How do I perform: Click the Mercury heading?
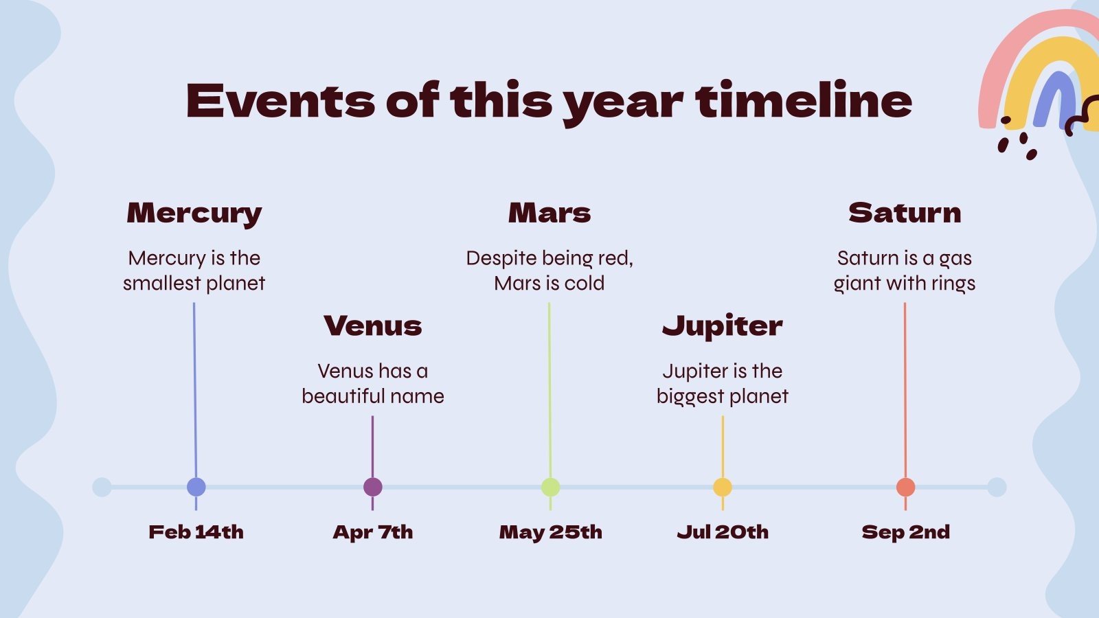coord(194,214)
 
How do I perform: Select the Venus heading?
coord(373,325)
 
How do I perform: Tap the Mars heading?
coord(549,213)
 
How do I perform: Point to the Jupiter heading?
coord(722,326)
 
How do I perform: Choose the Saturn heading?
coord(905,213)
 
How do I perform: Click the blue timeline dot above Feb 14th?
coord(196,487)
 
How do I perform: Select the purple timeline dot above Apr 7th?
coord(373,487)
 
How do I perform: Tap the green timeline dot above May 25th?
coord(550,487)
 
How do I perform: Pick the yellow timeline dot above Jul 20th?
coord(722,487)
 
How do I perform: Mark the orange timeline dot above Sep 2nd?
coord(906,487)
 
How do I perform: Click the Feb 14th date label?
coord(196,532)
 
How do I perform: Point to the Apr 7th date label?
coord(373,533)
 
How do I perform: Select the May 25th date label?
coord(550,533)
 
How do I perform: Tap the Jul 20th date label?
coord(723,532)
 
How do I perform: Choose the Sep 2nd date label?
coord(906,533)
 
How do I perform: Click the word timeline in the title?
coord(804,100)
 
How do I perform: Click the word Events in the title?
coord(281,101)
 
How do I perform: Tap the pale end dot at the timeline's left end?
coord(102,487)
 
